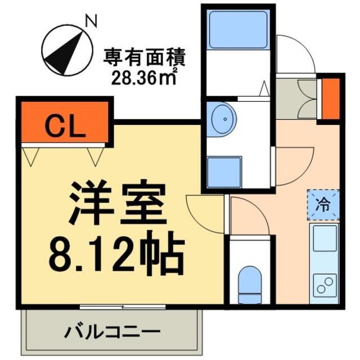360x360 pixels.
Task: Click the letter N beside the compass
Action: click(x=91, y=21)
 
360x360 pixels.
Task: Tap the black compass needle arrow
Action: click(x=65, y=54)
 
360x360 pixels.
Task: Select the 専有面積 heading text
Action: click(x=144, y=57)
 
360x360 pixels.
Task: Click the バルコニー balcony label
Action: click(x=112, y=331)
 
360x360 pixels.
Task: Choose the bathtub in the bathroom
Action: click(x=238, y=29)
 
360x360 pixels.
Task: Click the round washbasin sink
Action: click(x=221, y=119)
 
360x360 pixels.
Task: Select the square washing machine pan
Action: click(x=224, y=172)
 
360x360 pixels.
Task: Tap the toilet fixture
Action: click(x=250, y=285)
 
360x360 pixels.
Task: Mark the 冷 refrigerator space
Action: click(x=323, y=205)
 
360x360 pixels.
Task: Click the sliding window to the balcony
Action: click(x=123, y=307)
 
